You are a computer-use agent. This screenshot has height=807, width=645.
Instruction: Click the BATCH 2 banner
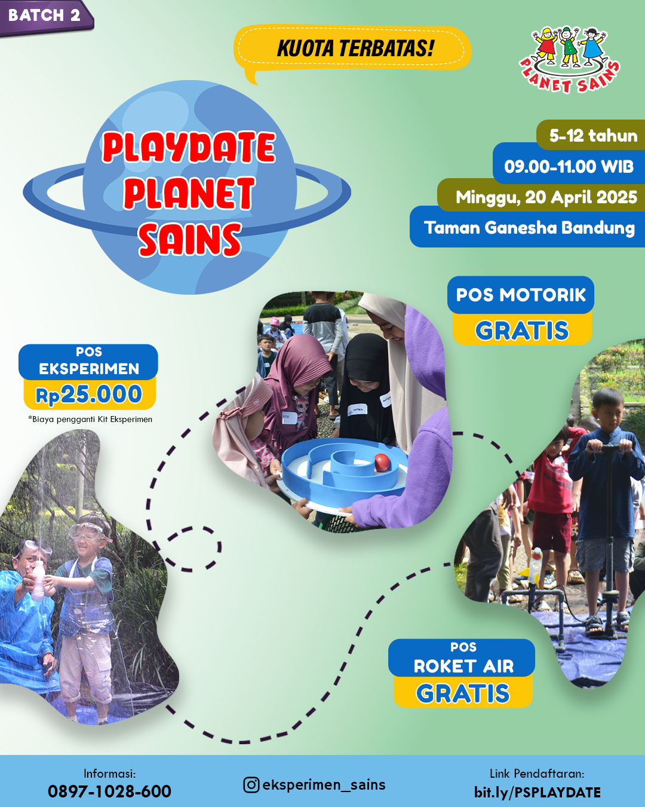coord(45,17)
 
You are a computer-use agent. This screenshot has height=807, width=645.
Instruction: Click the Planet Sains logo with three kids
coord(570,59)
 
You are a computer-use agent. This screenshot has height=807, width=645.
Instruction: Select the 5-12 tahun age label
coord(593,135)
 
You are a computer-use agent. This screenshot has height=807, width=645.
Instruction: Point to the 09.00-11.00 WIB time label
coord(569,167)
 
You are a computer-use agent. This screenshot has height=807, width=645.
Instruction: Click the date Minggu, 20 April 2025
coord(546,197)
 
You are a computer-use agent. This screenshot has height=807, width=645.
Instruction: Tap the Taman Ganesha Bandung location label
coord(529,228)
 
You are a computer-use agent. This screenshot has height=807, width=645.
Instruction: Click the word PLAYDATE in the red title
coord(189,147)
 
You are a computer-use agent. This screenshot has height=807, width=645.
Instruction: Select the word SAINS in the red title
coord(190,239)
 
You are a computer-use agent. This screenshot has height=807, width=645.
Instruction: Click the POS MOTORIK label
coord(521,295)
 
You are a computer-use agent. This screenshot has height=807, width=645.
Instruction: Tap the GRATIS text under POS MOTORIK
coord(522,331)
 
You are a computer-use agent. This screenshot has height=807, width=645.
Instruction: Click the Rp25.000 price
coord(89,395)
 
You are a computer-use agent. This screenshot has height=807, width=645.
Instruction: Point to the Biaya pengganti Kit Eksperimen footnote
coord(90,419)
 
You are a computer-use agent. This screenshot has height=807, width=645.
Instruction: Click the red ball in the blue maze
coord(383,462)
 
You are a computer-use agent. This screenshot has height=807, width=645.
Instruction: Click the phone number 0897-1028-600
coord(109,791)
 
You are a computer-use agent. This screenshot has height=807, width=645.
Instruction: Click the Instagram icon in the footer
coord(251,785)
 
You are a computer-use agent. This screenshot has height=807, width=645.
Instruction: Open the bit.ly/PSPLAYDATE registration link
coord(537,793)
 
